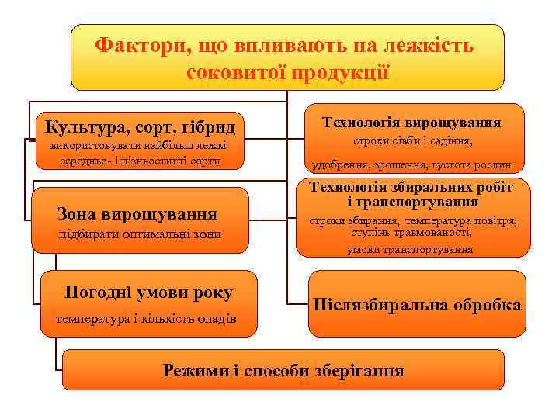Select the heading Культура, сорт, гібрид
click(140, 126)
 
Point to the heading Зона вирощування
click(137, 214)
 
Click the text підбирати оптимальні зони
click(140, 234)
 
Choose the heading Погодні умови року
click(148, 293)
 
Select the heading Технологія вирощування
click(411, 122)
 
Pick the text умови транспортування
click(410, 249)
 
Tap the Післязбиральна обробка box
click(416, 304)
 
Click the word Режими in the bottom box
click(196, 369)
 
